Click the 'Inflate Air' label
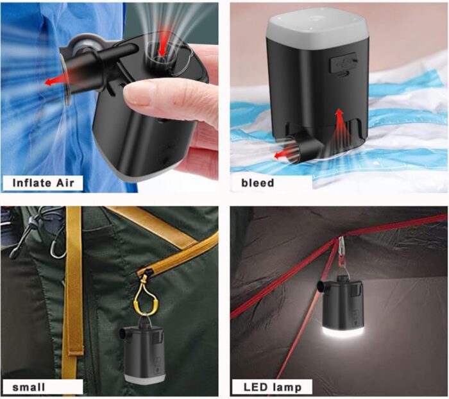pos(43,183)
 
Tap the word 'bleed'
pos(258,183)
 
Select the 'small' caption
pos(29,387)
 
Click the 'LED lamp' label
pos(273,387)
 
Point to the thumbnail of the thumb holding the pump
pos(137,95)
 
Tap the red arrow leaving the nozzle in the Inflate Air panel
pos(56,81)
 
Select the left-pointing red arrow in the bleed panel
pos(284,154)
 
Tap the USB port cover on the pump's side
pos(343,62)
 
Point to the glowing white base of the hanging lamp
pos(343,334)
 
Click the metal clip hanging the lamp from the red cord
pos(340,249)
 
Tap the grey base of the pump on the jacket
pos(145,378)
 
